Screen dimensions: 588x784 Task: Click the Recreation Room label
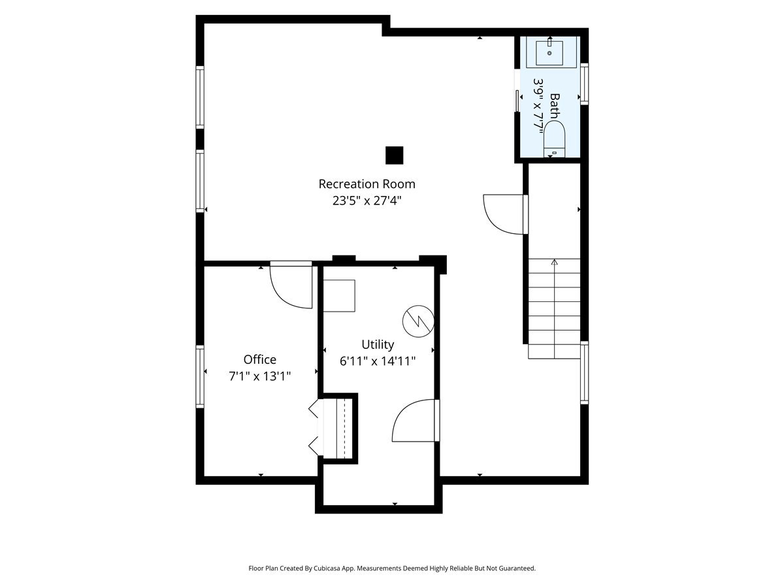(367, 184)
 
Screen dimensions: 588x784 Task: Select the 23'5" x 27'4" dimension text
(367, 201)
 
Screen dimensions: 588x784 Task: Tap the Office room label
(259, 359)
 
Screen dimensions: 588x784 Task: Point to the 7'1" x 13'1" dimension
(259, 376)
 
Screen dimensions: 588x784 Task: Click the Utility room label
(378, 344)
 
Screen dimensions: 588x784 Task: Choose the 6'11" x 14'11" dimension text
(378, 361)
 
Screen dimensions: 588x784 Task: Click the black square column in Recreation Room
(394, 155)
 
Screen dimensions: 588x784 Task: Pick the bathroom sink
(549, 53)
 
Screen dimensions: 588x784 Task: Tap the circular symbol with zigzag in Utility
(417, 320)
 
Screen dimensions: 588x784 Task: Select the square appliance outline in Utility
(340, 295)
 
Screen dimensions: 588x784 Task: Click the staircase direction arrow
(554, 263)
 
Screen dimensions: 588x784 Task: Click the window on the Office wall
(200, 377)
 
